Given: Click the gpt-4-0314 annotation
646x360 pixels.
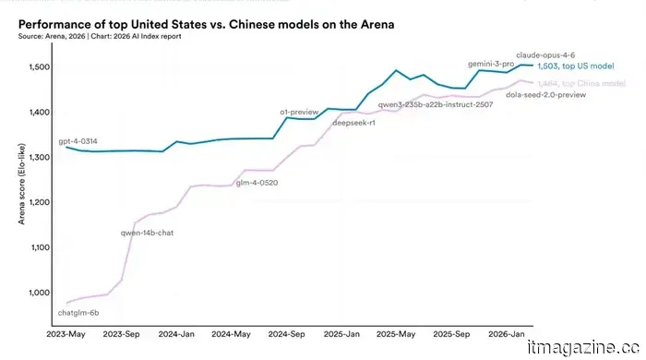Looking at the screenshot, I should click(x=78, y=141).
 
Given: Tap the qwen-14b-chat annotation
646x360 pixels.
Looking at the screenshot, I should click(x=147, y=233).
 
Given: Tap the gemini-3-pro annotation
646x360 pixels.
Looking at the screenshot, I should click(x=492, y=64).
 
